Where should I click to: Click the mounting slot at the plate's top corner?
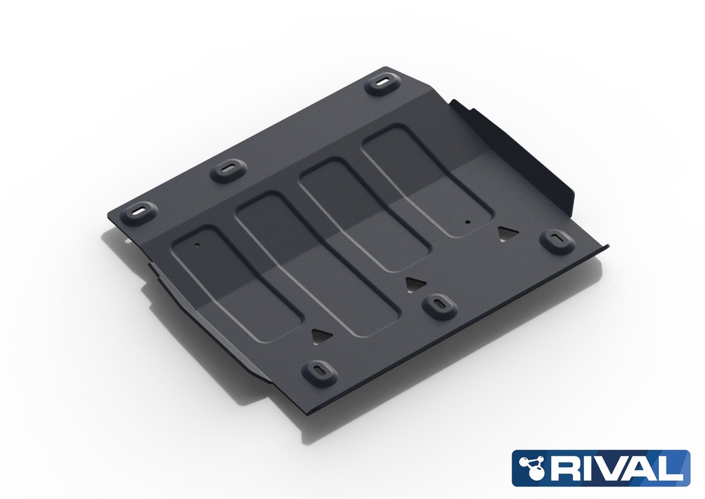(383, 83)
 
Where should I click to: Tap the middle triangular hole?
(413, 283)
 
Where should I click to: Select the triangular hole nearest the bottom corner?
(321, 335)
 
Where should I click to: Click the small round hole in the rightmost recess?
(466, 222)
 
